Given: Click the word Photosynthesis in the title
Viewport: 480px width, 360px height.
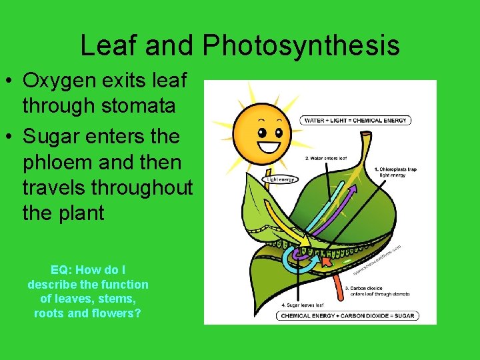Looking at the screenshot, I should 301,45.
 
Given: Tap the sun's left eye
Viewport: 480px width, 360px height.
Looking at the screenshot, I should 263,127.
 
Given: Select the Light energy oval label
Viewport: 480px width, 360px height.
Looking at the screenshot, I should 281,179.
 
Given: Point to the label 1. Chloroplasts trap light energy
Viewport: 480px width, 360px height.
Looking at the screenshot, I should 395,172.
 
